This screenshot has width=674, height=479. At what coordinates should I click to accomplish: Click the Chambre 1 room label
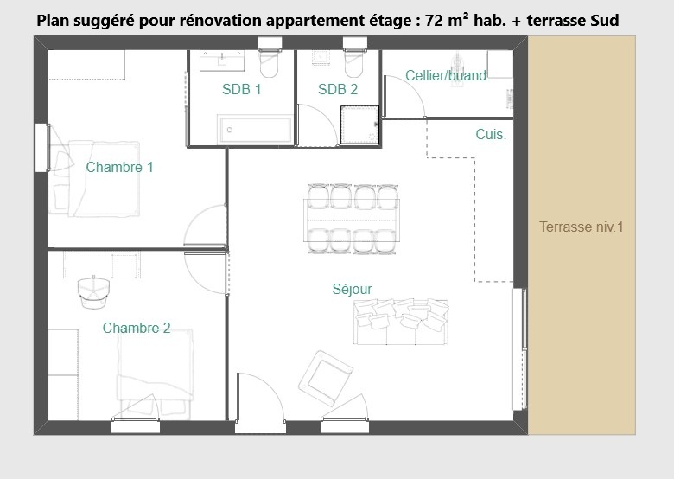point(119,167)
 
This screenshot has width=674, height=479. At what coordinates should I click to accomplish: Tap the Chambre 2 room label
point(137,328)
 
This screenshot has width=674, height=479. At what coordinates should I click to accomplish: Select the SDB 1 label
point(242,89)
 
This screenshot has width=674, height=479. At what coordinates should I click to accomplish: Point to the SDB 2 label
point(338,89)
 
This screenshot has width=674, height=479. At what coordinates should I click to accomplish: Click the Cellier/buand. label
point(448,76)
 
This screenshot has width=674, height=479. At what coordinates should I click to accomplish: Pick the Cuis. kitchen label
point(491,134)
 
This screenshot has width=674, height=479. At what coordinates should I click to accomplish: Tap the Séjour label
point(352,289)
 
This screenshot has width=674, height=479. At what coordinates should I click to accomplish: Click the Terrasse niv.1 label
point(582,227)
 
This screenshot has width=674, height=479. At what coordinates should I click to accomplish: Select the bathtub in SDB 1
point(255,129)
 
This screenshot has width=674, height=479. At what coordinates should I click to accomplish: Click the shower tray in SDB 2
point(359,125)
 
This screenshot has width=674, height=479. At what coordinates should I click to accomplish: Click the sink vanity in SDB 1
point(222,61)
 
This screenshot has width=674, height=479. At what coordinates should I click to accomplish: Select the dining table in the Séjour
point(352,220)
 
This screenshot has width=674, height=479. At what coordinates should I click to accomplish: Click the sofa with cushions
point(401,322)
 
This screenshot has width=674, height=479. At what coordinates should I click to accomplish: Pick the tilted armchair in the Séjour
point(326,378)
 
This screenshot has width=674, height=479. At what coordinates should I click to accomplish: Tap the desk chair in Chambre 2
point(93,291)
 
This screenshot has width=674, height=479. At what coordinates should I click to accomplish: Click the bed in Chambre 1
point(94,178)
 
